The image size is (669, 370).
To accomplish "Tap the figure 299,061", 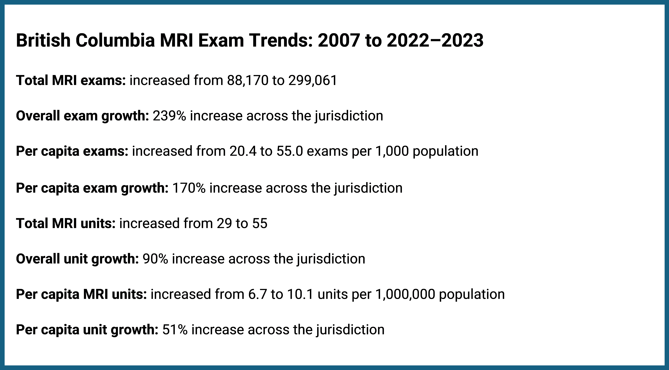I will click(x=312, y=80).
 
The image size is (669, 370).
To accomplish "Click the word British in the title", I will click(x=43, y=41).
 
